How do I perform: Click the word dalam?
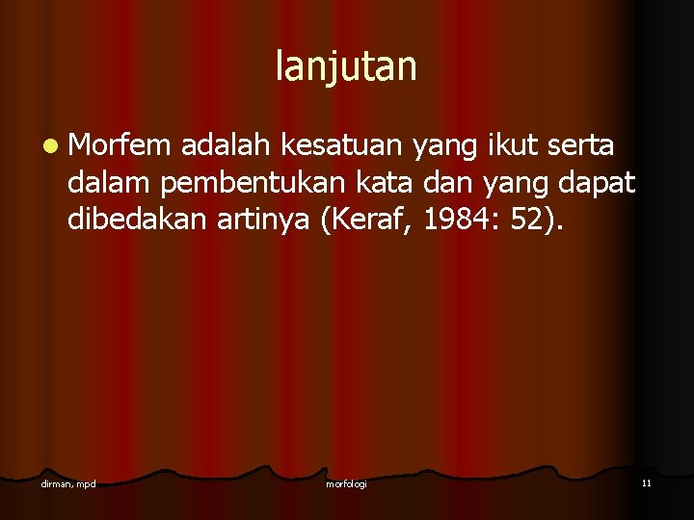tap(110, 183)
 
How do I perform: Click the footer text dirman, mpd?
tap(68, 482)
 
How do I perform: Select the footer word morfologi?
tap(346, 482)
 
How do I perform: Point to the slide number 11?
tap(646, 482)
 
